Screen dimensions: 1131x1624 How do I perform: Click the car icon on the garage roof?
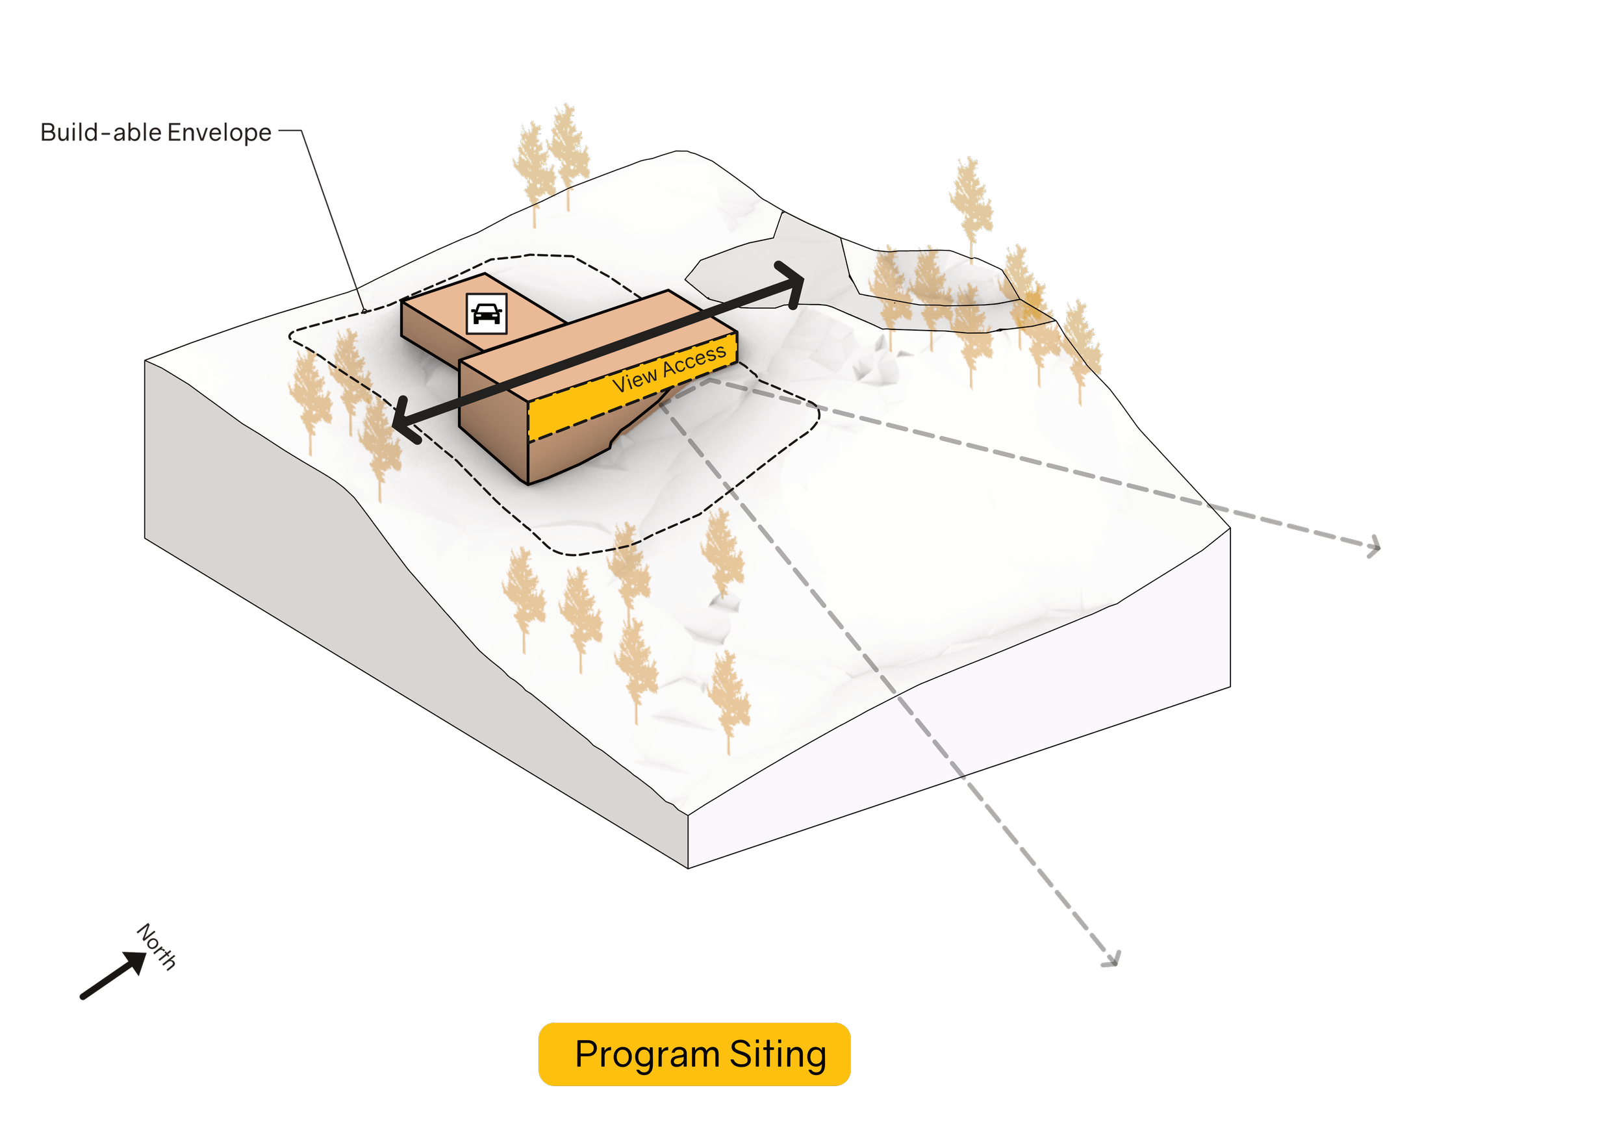(487, 312)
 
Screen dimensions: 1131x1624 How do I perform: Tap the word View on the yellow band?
(635, 381)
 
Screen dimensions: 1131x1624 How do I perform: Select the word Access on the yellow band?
(694, 359)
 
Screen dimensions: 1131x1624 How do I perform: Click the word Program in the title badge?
(647, 1054)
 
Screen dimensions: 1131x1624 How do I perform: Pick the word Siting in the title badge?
(778, 1054)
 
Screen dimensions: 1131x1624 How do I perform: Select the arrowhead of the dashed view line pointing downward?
(1112, 959)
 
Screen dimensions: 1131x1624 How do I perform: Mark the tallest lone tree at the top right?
(971, 198)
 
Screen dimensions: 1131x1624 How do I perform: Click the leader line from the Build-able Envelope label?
(333, 220)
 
